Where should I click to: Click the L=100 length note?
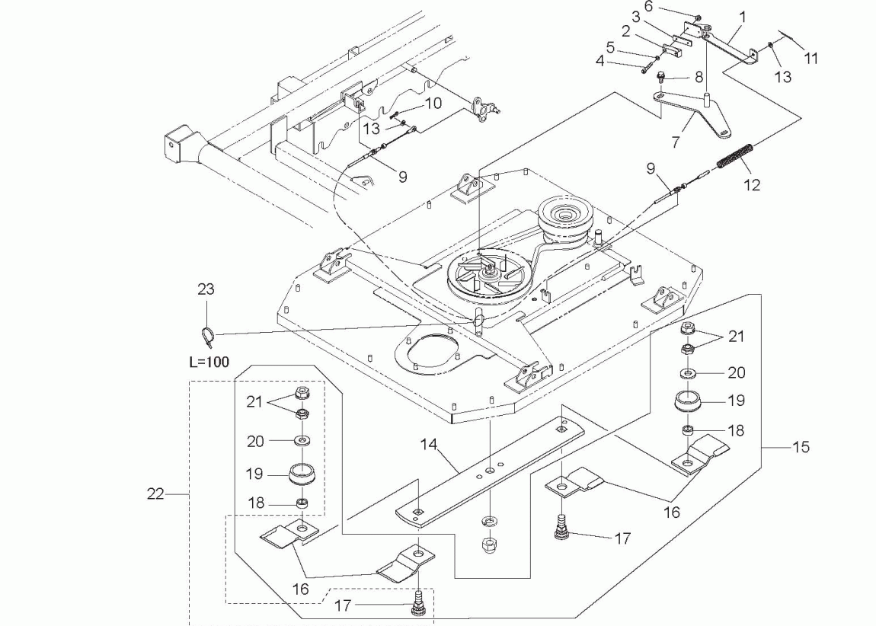[209, 362]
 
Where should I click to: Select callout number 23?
[206, 289]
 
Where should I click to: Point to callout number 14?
[429, 445]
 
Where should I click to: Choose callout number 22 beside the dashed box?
[155, 493]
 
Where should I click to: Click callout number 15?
[801, 447]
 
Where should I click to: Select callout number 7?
[676, 142]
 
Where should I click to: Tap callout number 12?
[753, 185]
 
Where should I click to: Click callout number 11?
[811, 58]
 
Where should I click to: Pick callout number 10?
[433, 104]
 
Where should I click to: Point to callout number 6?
[648, 7]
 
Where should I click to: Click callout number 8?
[699, 76]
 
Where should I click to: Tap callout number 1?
[743, 18]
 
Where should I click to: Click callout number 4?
[600, 60]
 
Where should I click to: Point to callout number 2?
[625, 32]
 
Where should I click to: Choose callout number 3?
[636, 17]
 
